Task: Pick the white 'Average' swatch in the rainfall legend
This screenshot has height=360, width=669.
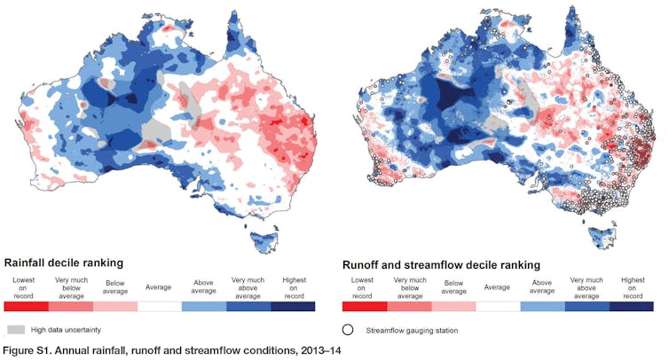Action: (159, 306)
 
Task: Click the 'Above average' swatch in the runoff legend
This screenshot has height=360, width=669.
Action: (542, 306)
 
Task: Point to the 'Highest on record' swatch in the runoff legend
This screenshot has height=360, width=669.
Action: (632, 306)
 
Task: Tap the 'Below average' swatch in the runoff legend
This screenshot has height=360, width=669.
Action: (453, 306)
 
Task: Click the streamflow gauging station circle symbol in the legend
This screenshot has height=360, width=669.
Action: (350, 329)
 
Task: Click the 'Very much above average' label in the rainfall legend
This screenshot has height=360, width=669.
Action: (248, 286)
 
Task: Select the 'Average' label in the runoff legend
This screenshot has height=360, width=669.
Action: (497, 286)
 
